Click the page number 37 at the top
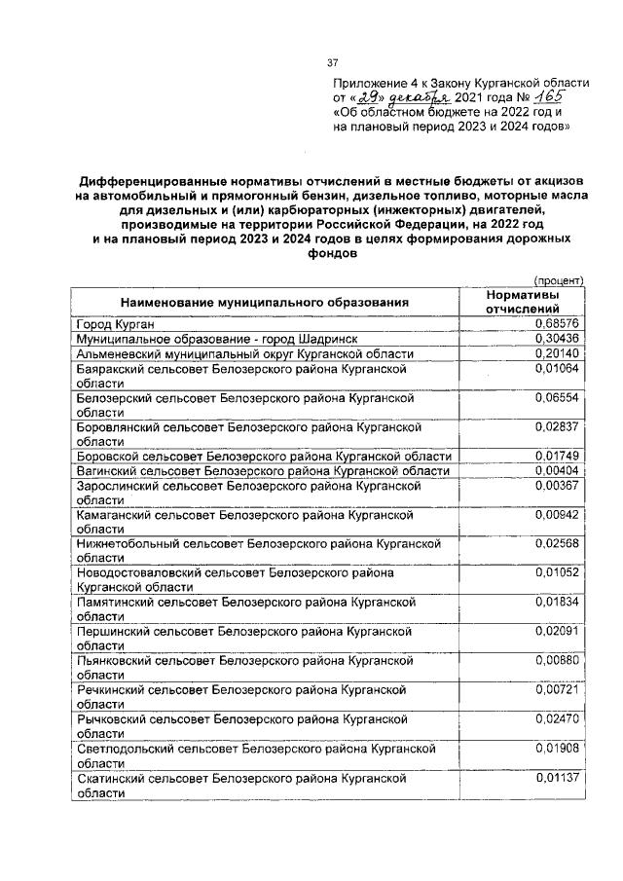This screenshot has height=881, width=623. [x=331, y=63]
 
